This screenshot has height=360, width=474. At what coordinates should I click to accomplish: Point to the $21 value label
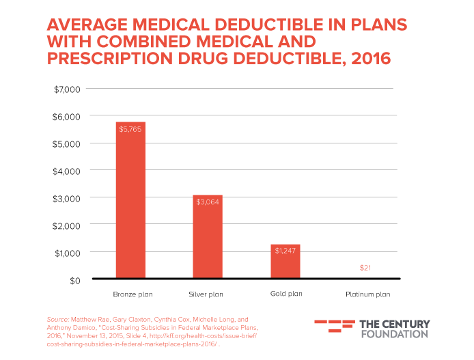coord(365,268)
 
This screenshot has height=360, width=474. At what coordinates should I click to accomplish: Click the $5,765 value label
coord(130,129)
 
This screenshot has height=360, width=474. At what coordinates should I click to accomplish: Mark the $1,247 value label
coord(285,251)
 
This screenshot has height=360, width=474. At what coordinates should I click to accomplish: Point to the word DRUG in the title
coord(203,59)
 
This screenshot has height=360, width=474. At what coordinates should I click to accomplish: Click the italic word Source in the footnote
coord(56,320)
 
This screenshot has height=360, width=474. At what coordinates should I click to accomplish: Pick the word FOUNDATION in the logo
coord(393,334)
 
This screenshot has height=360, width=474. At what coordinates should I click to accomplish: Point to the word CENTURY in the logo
coord(406,323)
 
